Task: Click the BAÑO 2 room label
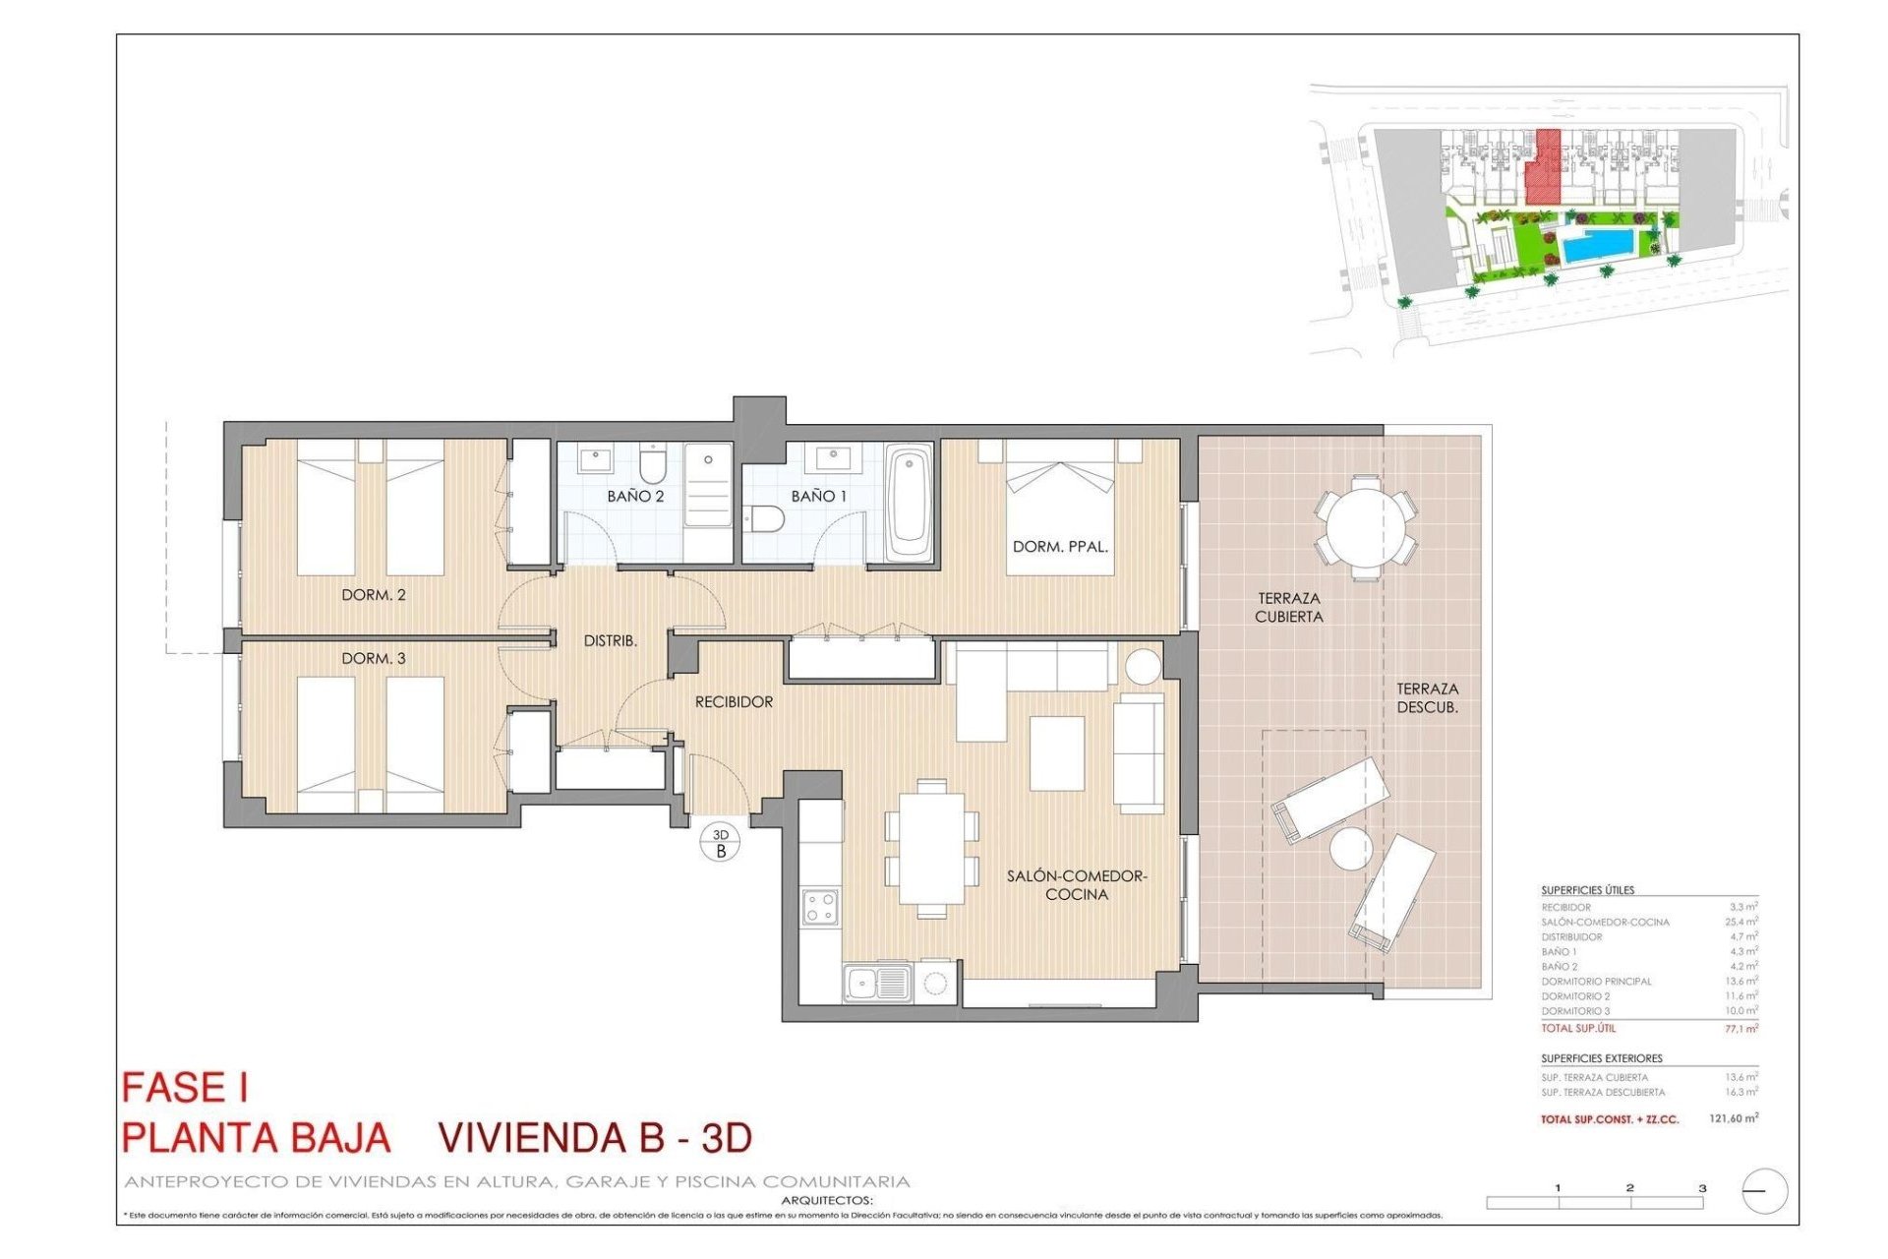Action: pos(635,497)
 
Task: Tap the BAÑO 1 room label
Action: pos(818,497)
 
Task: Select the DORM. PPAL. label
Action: pos(1060,547)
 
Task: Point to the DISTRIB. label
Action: pos(610,641)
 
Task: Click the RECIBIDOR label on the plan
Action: pos(734,702)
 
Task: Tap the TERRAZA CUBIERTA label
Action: pos(1288,608)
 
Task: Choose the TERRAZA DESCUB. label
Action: pos(1427,698)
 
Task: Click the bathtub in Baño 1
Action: pos(909,506)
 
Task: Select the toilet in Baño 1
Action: pos(764,518)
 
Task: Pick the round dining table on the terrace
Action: pos(1366,526)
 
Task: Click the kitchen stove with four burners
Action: pos(820,907)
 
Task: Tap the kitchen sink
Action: pos(877,983)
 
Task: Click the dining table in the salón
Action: pos(931,848)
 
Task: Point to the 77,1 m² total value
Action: pos(1740,1029)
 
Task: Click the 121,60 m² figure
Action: pos(1733,1118)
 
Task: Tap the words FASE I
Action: pos(185,1088)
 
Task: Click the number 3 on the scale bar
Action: pos(1702,1188)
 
